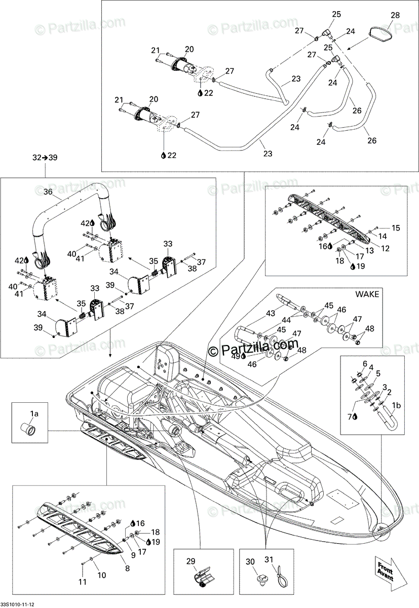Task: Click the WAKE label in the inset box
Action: pyautogui.click(x=367, y=294)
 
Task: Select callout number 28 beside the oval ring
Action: pyautogui.click(x=395, y=15)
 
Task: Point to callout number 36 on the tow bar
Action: pyautogui.click(x=48, y=192)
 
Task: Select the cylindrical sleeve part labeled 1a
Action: pyautogui.click(x=28, y=430)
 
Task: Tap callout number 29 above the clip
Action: pyautogui.click(x=191, y=561)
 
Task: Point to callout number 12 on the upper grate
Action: pyautogui.click(x=385, y=248)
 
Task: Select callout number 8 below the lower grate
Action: pyautogui.click(x=127, y=568)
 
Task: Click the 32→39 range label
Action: pyautogui.click(x=45, y=158)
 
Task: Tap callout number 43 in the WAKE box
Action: pyautogui.click(x=270, y=313)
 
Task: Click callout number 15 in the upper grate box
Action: pyautogui.click(x=396, y=228)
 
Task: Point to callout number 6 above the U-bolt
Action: pyautogui.click(x=365, y=364)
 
